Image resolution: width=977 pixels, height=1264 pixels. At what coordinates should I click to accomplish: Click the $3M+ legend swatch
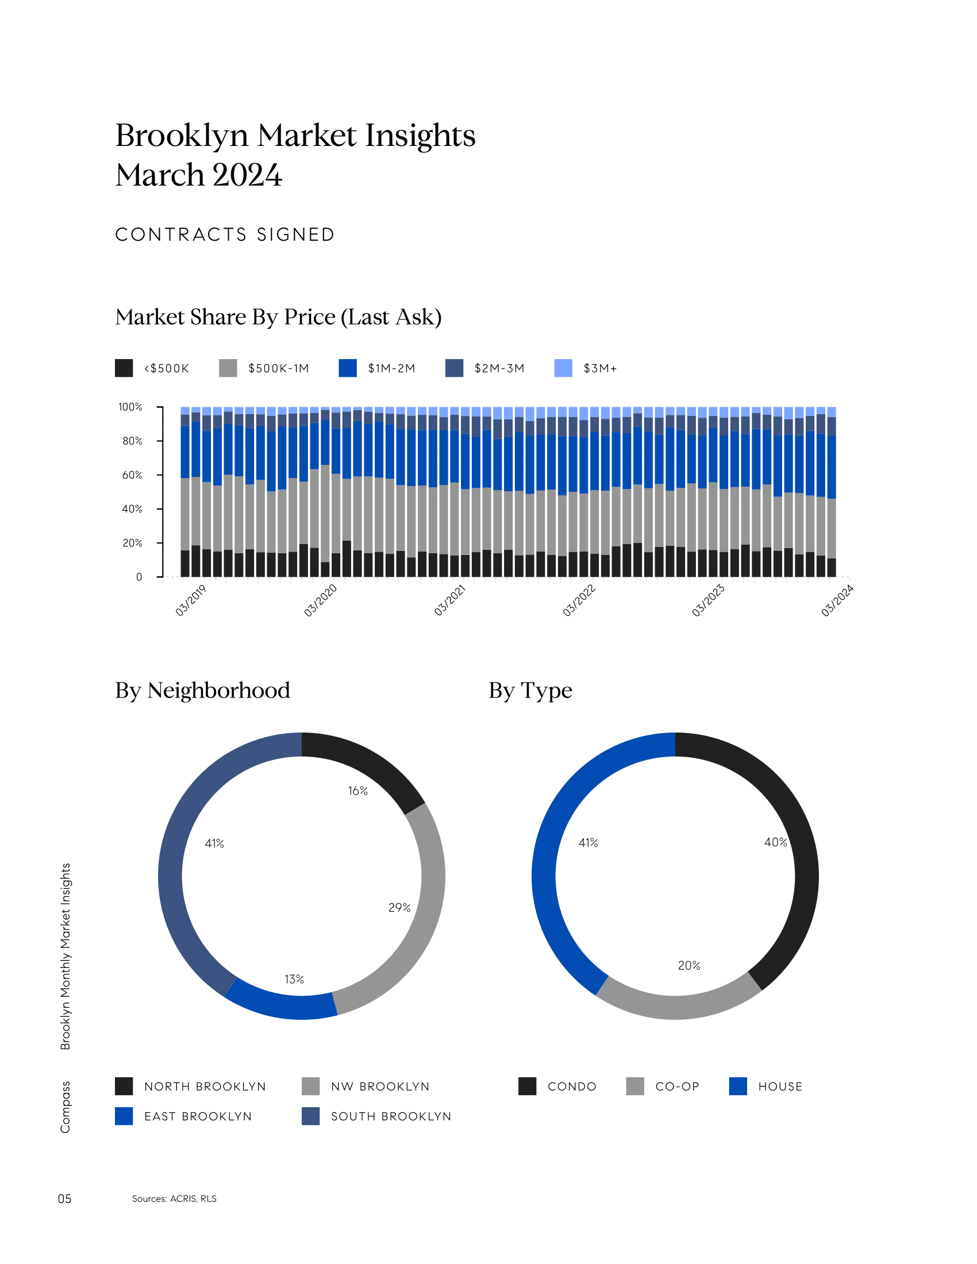point(563,368)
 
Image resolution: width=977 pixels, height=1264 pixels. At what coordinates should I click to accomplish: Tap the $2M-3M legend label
point(499,369)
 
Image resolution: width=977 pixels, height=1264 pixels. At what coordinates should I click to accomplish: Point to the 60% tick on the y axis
point(132,475)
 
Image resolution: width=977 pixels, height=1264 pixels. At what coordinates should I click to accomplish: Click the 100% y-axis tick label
point(130,407)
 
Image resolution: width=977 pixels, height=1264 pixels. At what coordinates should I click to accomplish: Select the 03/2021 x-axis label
point(450,601)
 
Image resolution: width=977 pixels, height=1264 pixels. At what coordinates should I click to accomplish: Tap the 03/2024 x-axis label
point(837,601)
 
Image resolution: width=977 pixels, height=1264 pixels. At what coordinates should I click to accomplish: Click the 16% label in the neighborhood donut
point(357,791)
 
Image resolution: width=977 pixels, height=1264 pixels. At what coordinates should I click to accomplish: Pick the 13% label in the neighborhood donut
point(294,979)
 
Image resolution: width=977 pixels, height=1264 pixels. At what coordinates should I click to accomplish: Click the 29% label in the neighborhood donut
point(399,907)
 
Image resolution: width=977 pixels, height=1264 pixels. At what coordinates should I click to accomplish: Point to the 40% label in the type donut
point(776,842)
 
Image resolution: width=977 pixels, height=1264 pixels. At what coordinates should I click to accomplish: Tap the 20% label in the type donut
point(688,965)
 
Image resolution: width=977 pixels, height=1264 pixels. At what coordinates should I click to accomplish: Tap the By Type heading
point(530,691)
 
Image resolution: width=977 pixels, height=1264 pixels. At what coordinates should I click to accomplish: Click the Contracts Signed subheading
point(225,234)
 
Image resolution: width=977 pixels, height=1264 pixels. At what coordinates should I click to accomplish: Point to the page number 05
point(65,1199)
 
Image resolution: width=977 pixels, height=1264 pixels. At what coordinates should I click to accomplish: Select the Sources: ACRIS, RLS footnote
point(174,1199)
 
